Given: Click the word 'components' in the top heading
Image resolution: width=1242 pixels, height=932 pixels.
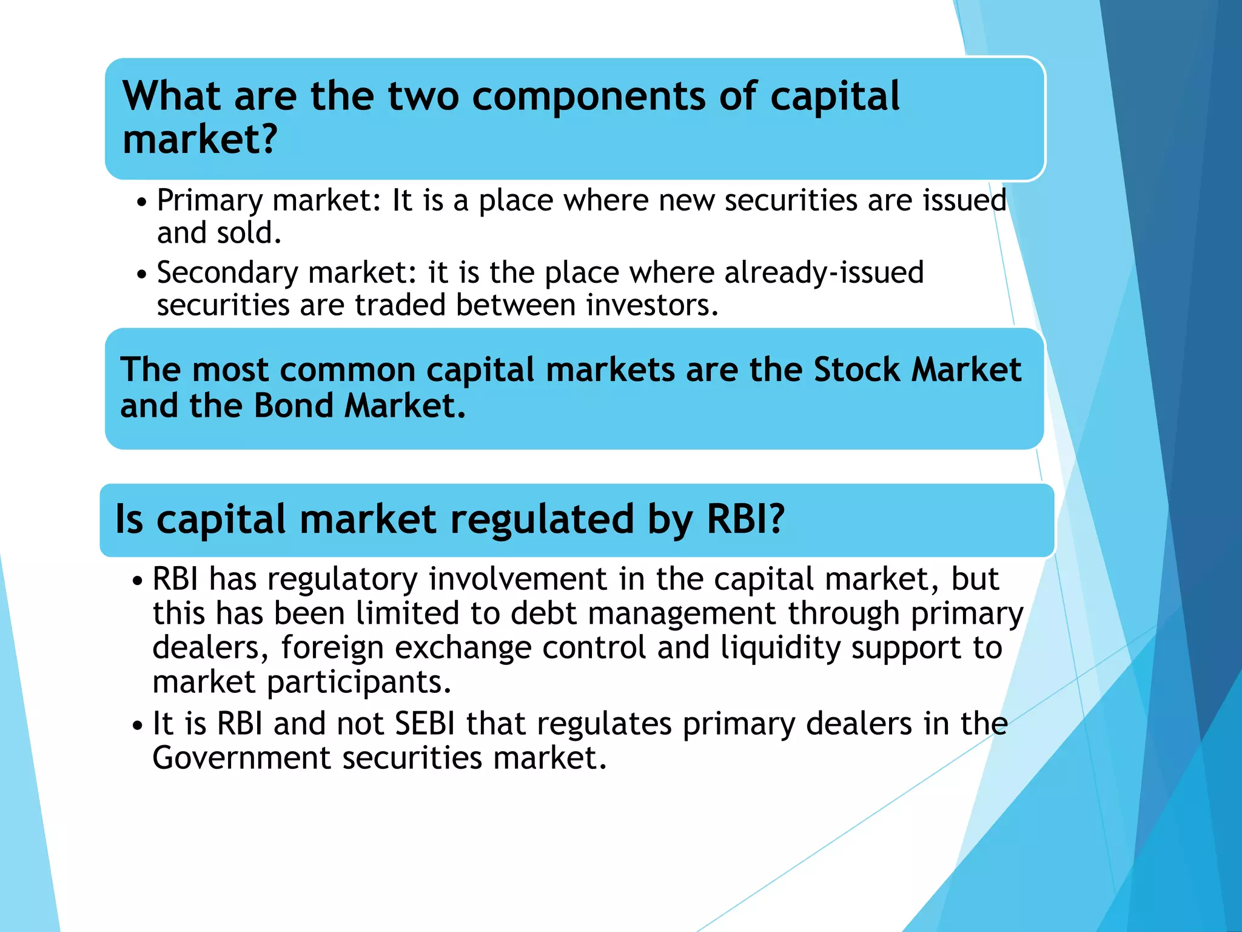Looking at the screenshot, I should pyautogui.click(x=588, y=97).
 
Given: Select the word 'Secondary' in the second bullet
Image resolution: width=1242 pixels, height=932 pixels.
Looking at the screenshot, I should pyautogui.click(x=227, y=273).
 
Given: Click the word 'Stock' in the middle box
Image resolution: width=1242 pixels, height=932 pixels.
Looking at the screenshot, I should pyautogui.click(x=856, y=370).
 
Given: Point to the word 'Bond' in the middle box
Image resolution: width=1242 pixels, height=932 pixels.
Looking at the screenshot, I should pyautogui.click(x=293, y=406).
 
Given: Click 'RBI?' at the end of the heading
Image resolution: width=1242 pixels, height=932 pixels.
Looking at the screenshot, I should pyautogui.click(x=745, y=519).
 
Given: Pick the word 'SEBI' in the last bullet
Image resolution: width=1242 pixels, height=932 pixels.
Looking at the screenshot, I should pyautogui.click(x=424, y=724).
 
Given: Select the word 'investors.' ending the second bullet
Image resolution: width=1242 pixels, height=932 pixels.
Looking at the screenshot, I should pyautogui.click(x=652, y=305).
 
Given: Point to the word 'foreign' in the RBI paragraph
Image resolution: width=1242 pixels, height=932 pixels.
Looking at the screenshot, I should pyautogui.click(x=332, y=648).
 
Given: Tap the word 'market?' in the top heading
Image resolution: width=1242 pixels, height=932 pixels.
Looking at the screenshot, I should pyautogui.click(x=200, y=140).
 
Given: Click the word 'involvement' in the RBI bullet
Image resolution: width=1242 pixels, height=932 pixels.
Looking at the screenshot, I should pyautogui.click(x=517, y=579).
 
